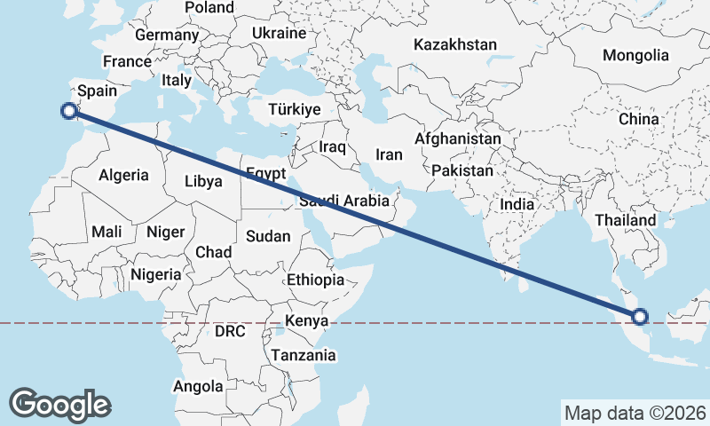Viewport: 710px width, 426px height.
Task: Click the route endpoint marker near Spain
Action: (x=68, y=111)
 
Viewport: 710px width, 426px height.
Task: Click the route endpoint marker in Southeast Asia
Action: (x=641, y=316)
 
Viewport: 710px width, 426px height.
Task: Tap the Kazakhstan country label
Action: (x=455, y=44)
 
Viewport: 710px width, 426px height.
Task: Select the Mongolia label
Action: (x=635, y=55)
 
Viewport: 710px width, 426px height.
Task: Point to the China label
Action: (x=639, y=119)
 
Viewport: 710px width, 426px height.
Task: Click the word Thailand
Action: (x=626, y=220)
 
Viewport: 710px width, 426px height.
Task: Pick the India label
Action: (x=517, y=204)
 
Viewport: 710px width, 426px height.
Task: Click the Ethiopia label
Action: (x=315, y=280)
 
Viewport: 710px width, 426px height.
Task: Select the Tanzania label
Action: (x=304, y=355)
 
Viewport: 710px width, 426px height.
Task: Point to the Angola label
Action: (x=199, y=386)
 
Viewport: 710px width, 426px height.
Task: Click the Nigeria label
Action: (x=156, y=274)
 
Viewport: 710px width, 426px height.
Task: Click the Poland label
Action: (x=209, y=8)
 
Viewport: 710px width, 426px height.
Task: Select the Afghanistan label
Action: (x=458, y=140)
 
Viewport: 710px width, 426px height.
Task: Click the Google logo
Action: (x=59, y=405)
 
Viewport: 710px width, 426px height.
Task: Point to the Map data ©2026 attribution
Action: (x=635, y=413)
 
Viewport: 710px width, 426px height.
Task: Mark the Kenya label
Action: (x=307, y=320)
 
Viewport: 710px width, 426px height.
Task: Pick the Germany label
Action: (x=167, y=35)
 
